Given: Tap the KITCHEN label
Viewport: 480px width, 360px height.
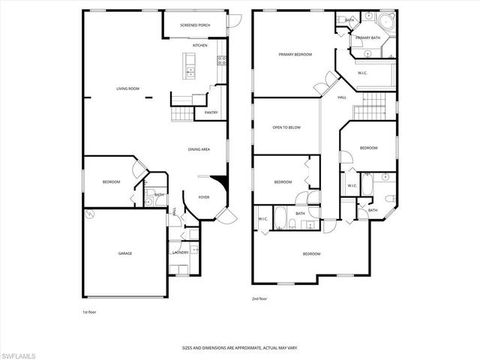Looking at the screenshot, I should [199, 46].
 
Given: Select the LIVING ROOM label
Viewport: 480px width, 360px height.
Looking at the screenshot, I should [127, 89].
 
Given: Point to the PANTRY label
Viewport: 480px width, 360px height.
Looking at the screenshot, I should [211, 112].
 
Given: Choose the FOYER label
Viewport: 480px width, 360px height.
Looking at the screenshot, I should [203, 197].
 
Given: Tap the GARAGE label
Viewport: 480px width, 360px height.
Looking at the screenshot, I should [124, 253].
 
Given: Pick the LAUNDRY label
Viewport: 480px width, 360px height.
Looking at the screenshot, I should [180, 253].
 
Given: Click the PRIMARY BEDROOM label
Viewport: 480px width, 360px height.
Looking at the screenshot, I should [295, 55].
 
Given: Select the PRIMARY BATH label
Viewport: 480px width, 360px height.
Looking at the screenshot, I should [368, 37].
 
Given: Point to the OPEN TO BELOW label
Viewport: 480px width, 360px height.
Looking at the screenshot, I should [286, 127].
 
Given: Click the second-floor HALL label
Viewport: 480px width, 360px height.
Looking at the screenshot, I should [341, 97].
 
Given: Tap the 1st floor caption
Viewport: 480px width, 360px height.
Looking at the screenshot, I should [89, 311].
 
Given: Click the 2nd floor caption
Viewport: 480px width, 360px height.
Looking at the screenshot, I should [259, 298].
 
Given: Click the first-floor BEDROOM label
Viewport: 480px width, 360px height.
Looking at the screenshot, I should [111, 182].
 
